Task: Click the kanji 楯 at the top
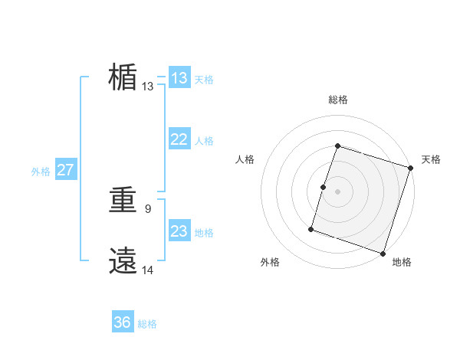123,77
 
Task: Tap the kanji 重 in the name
123,201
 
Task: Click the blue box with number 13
179,78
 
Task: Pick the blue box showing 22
179,139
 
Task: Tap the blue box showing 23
179,231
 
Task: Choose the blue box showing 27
65,170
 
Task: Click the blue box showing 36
123,323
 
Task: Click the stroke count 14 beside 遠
147,269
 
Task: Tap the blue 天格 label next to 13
204,80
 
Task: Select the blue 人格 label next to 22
204,141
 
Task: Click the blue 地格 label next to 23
204,233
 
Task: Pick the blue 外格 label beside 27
41,172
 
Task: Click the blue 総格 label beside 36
147,325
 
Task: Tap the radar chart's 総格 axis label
338,100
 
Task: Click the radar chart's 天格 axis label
431,159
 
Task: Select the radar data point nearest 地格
383,253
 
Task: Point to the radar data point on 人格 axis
324,187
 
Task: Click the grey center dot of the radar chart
338,191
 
